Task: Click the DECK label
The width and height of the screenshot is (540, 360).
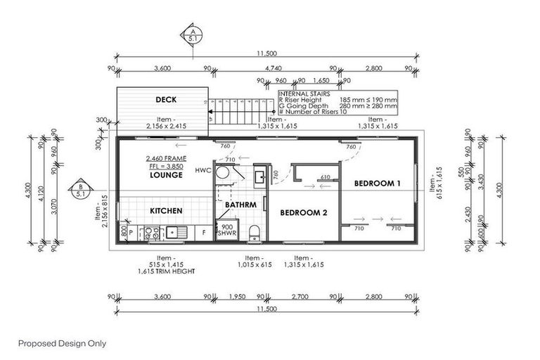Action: click(165, 100)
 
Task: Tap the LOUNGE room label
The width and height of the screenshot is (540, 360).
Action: click(166, 175)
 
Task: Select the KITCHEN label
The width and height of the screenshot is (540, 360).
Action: click(166, 210)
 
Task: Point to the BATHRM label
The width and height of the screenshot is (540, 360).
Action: click(239, 205)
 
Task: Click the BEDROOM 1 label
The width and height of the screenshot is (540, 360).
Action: click(378, 183)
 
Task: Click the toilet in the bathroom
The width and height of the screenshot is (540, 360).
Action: click(255, 232)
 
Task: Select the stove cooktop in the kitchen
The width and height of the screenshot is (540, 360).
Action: click(150, 233)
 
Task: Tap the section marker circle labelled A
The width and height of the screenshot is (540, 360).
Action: click(191, 34)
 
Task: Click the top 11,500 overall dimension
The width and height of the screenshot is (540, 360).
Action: click(265, 53)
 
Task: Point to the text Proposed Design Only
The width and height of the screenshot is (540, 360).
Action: click(62, 344)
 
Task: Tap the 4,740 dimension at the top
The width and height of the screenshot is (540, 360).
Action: click(275, 69)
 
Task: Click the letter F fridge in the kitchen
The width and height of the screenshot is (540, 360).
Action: click(204, 230)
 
